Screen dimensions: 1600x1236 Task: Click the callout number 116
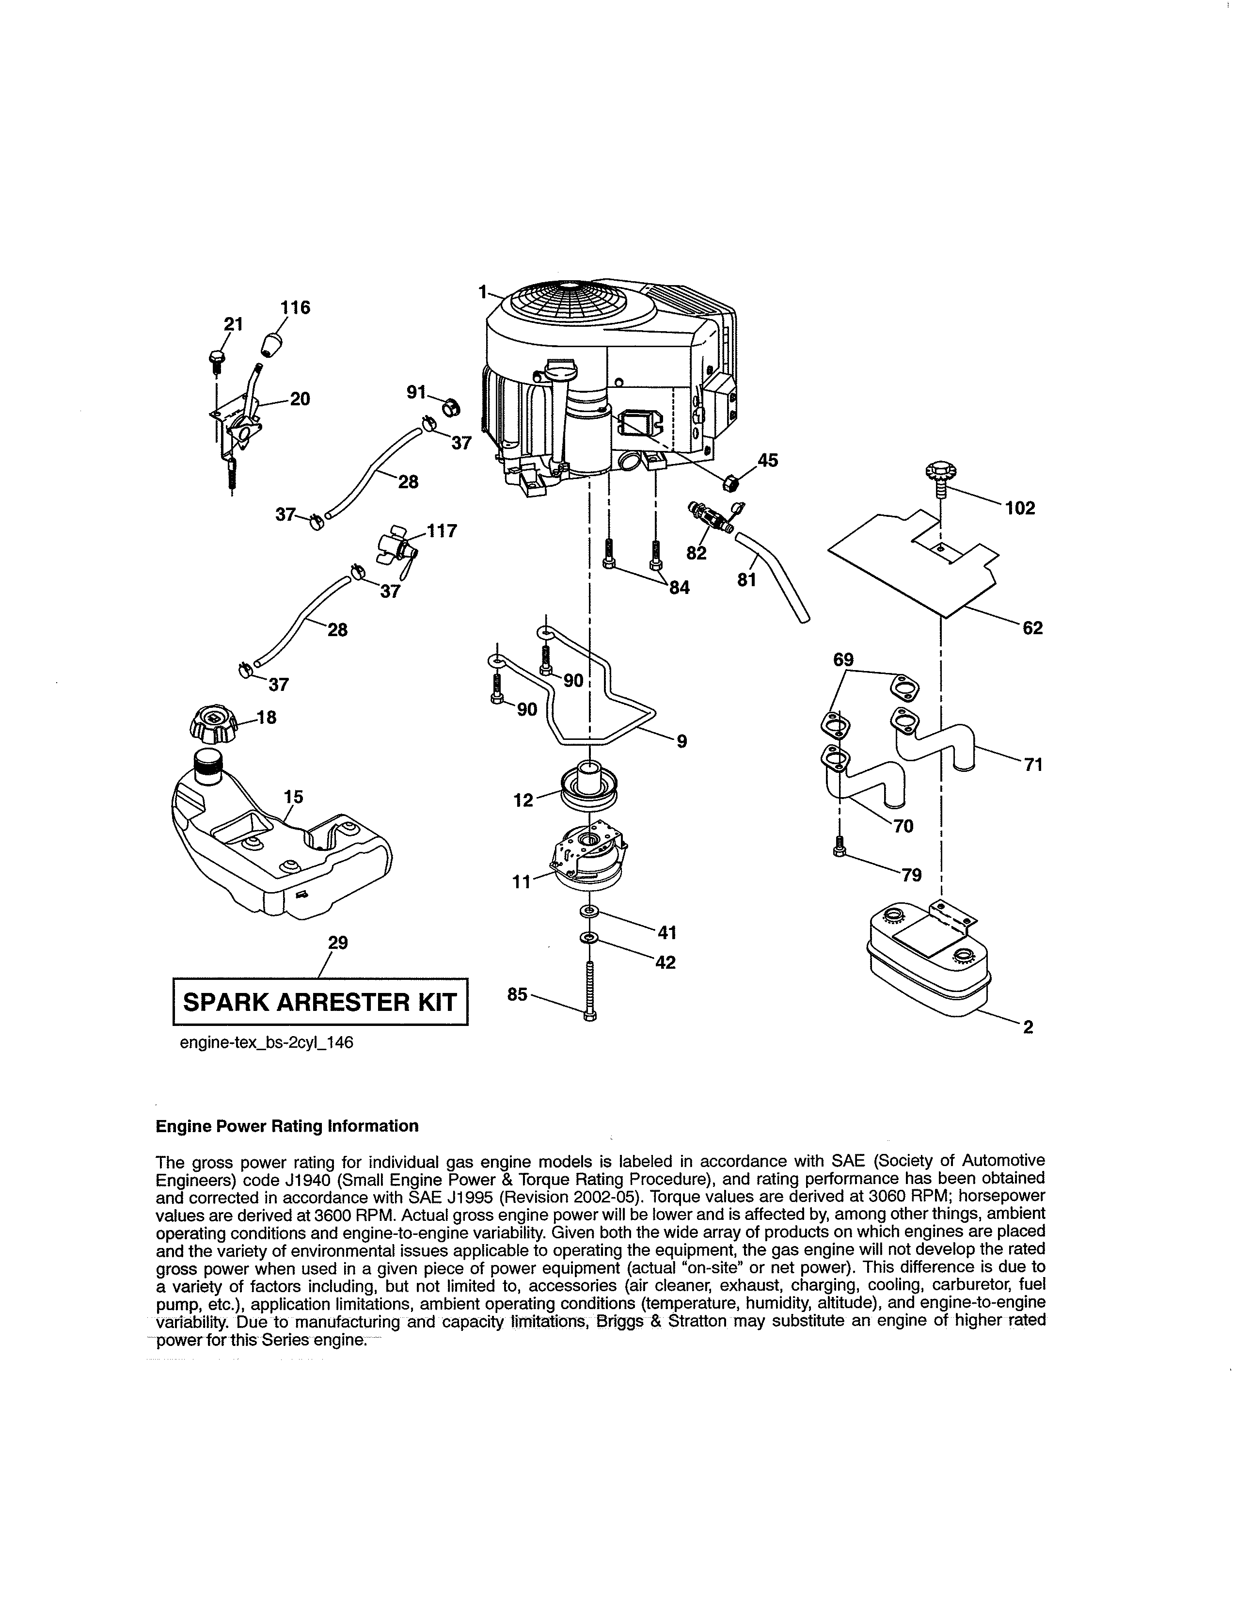pyautogui.click(x=296, y=308)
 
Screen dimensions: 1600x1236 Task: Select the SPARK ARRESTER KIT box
pyautogui.click(x=320, y=1002)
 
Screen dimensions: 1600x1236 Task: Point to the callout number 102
pyautogui.click(x=1020, y=509)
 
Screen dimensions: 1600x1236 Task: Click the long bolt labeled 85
pyautogui.click(x=590, y=985)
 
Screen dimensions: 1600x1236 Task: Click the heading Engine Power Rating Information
pyautogui.click(x=287, y=1126)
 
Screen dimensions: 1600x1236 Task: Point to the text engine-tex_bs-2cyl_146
pyautogui.click(x=267, y=1042)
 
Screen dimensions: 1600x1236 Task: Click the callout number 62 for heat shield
pyautogui.click(x=1032, y=628)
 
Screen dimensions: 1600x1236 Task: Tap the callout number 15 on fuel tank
pyautogui.click(x=294, y=796)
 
